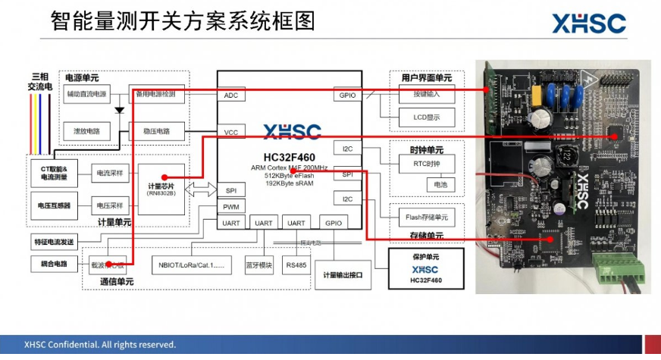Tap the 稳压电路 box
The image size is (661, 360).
click(156, 131)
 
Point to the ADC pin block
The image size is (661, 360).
click(231, 95)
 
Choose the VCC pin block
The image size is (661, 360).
click(231, 133)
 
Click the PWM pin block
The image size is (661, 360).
click(230, 206)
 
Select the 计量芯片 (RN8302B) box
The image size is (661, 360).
click(162, 189)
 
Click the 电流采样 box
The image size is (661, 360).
click(109, 174)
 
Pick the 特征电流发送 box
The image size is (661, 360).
click(54, 243)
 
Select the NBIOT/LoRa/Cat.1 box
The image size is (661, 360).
click(192, 265)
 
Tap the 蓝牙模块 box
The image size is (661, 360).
click(258, 265)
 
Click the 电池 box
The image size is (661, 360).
click(440, 184)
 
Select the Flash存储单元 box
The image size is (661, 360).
click(426, 218)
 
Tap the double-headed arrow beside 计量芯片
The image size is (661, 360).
click(201, 188)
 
